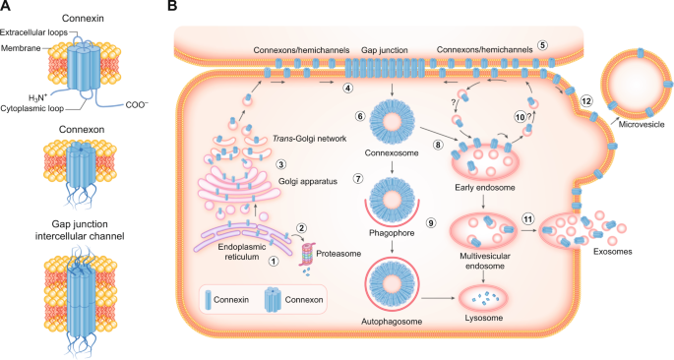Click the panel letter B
point(173,8)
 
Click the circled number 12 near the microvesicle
point(585,100)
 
